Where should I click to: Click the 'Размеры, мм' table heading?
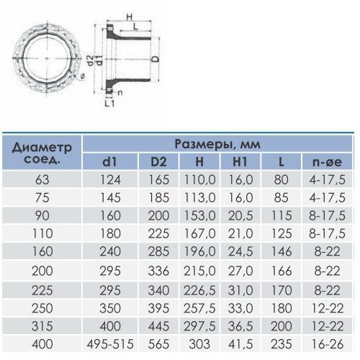(x=217, y=144)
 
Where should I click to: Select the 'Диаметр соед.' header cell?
(x=42, y=153)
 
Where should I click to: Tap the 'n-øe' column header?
(x=327, y=162)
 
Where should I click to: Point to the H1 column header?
(x=240, y=162)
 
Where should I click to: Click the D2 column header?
(x=158, y=162)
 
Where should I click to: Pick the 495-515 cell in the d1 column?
(x=110, y=344)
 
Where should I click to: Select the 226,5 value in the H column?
(x=199, y=290)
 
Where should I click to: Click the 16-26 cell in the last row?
(x=327, y=344)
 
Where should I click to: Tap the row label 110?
(x=42, y=233)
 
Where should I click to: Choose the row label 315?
(x=42, y=326)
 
